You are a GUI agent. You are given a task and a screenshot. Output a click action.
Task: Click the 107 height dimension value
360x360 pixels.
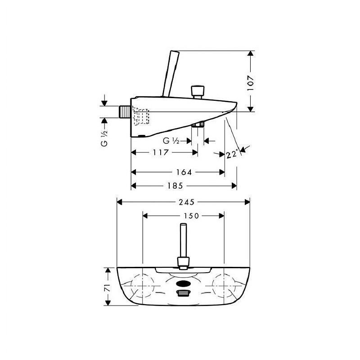251,83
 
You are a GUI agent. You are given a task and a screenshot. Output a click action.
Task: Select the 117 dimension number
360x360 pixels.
161,152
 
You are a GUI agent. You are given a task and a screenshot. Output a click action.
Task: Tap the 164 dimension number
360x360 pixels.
184,172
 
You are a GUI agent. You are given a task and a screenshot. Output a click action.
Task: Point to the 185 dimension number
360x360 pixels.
175,185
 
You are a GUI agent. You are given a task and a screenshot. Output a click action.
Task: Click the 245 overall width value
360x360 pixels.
186,202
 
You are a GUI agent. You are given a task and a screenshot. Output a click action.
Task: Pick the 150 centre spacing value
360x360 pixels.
191,216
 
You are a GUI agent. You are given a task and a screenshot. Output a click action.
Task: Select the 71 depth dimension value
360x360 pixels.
108,288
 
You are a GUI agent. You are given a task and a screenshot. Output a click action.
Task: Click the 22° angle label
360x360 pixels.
232,154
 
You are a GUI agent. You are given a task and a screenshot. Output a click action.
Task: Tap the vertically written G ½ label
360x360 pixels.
104,138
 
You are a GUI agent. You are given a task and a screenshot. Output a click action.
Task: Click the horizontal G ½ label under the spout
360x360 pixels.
171,140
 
